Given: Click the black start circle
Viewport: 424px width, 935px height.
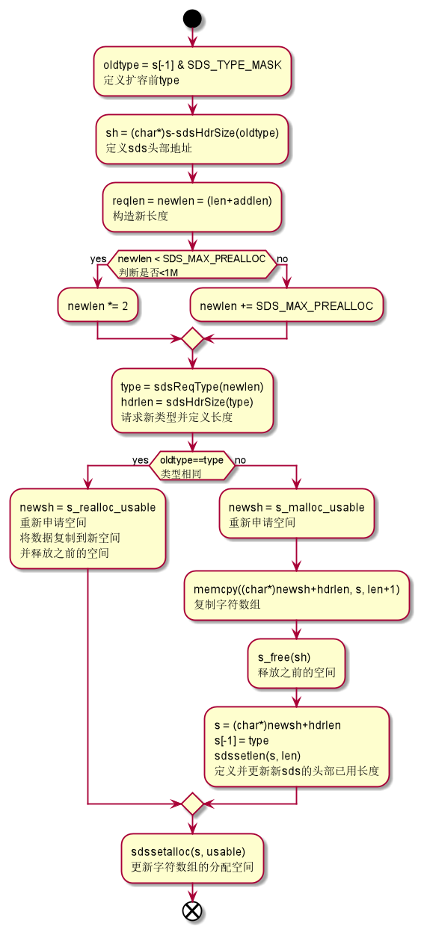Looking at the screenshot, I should coord(192,19).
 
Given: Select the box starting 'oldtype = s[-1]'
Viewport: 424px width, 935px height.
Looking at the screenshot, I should coord(192,72).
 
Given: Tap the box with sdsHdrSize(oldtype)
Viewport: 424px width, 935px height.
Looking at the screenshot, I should coord(192,140).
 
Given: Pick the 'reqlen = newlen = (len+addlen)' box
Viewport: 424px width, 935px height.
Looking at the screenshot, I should coord(192,208).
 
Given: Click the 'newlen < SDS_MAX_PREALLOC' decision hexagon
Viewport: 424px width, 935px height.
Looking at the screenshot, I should coord(192,265).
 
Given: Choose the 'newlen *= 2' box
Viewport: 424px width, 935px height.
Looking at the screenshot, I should coord(97,305).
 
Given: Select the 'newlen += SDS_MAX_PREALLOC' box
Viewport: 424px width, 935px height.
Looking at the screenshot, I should coord(286,305).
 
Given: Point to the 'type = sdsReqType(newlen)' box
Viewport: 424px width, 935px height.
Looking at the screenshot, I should coord(192,401).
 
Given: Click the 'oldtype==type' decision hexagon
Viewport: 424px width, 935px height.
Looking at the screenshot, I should coord(192,466).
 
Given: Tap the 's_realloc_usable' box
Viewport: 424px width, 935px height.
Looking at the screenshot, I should coord(87,529).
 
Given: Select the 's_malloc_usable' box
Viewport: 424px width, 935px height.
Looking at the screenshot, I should coord(296,514).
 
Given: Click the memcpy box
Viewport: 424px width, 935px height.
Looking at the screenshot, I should coord(296,597).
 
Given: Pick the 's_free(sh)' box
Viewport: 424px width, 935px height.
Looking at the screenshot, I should coord(296,665).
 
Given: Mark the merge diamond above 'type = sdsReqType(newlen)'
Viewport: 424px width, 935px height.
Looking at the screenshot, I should coord(192,338).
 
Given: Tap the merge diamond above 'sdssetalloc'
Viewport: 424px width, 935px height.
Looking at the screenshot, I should coord(192,804).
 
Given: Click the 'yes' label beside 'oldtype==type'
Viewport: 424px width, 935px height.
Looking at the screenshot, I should coord(140,460).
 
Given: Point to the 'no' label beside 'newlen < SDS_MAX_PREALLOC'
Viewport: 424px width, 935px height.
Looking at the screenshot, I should coord(283,259).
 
